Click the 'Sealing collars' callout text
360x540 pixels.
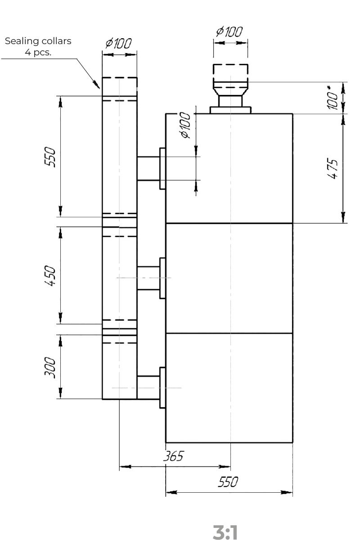pos(38,41)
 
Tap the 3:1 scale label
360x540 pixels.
pos(225,532)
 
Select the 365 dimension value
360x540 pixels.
pos(173,456)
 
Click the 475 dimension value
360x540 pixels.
pos(333,168)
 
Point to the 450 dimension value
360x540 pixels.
pos(50,275)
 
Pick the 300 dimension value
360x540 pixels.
pos(50,367)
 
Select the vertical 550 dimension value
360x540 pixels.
pos(50,157)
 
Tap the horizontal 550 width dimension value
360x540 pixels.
pos(228,481)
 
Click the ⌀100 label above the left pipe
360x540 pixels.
pos(119,43)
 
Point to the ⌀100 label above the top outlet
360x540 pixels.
pos(229,31)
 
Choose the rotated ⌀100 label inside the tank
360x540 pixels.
pos(186,125)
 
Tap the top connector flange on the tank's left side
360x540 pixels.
pos(162,168)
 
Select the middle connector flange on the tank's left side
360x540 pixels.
pos(162,278)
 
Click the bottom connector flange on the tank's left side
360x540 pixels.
pos(162,387)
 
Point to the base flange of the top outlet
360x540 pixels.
pos(230,110)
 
